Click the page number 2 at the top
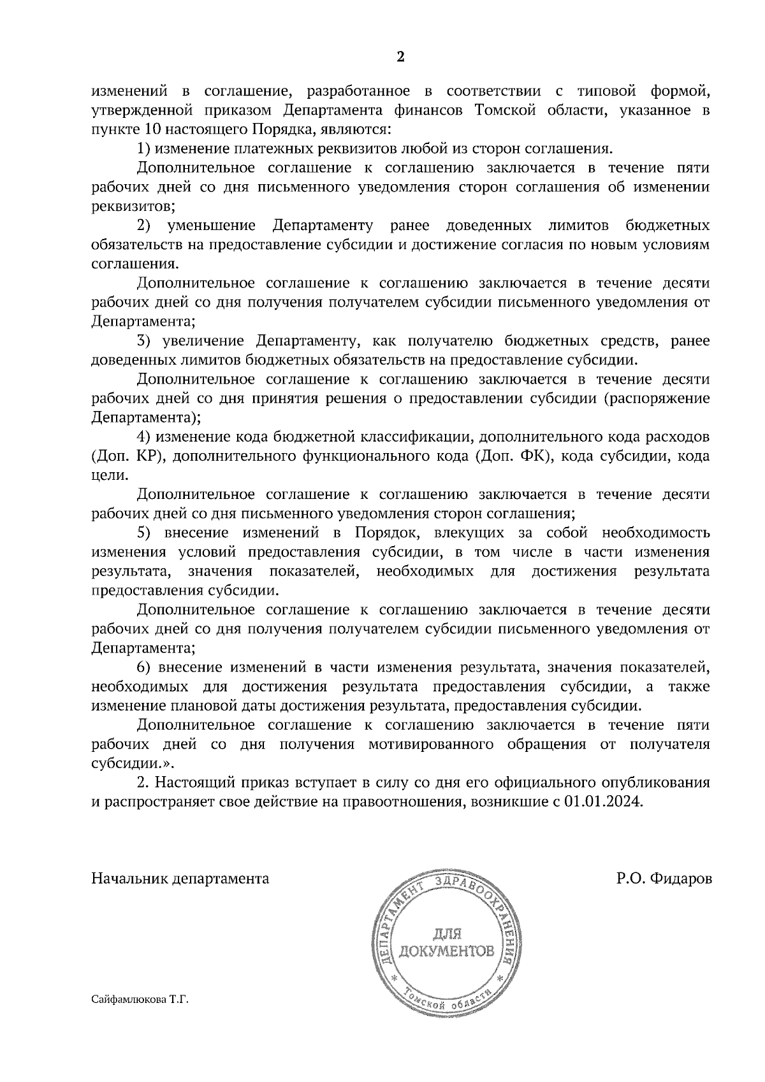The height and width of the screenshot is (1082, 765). (400, 57)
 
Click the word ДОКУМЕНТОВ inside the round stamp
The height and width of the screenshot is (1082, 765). (446, 952)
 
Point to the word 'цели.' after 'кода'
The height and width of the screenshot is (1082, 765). (105, 475)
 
